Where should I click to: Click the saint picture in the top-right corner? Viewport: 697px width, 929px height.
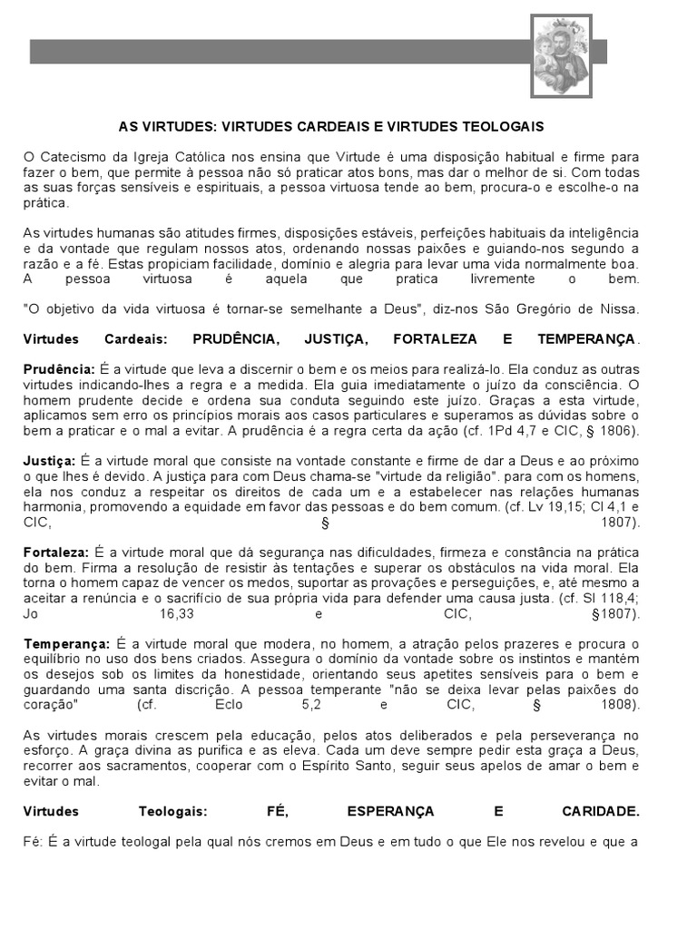[561, 56]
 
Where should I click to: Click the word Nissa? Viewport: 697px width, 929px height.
[623, 308]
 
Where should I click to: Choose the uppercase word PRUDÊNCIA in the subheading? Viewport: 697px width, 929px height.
[236, 339]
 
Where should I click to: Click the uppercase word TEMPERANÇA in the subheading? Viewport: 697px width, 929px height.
[586, 339]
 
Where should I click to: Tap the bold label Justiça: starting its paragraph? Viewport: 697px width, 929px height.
[51, 461]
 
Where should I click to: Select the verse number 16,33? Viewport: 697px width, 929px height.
[178, 613]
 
